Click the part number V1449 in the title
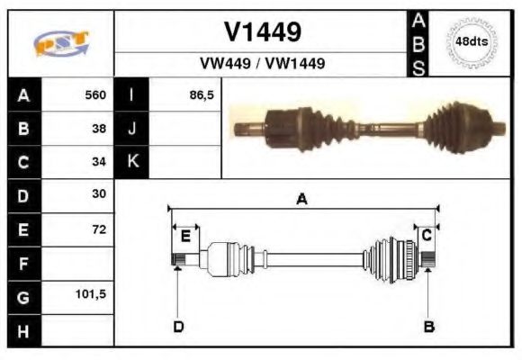pos(262,32)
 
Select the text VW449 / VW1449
pos(262,64)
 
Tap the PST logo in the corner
pos(61,42)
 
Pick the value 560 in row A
pos(95,94)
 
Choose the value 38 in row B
pos(100,128)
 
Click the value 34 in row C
pos(100,162)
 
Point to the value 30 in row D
pos(99,193)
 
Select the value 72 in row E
pos(99,229)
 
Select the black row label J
pos(132,128)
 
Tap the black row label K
pos(132,162)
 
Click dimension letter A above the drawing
pos(301,200)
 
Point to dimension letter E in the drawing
pos(185,236)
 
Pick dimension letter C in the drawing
pos(427,234)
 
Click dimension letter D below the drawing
pos(178,326)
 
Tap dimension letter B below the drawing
pos(429,326)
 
